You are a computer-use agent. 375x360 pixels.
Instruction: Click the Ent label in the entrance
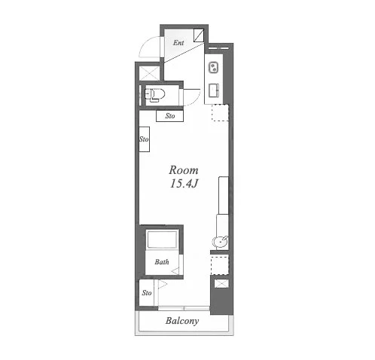(x=178, y=43)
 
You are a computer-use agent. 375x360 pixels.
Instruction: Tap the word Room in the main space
(x=184, y=170)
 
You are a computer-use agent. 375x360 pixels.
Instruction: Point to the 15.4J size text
(x=184, y=184)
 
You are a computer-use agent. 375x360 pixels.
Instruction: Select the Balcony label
(x=182, y=321)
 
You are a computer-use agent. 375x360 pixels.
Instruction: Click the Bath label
(x=162, y=262)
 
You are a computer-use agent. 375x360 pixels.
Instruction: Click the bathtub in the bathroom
(x=162, y=239)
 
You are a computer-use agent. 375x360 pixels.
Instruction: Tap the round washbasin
(x=221, y=243)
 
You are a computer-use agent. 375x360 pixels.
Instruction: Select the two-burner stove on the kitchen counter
(x=214, y=68)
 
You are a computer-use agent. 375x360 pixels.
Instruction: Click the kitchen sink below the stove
(x=214, y=90)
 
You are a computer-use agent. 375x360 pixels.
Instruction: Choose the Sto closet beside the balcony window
(x=146, y=293)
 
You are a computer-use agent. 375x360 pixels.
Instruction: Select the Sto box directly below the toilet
(x=169, y=116)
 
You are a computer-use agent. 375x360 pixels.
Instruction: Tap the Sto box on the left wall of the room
(x=145, y=139)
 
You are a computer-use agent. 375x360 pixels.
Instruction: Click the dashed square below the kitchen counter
(x=220, y=113)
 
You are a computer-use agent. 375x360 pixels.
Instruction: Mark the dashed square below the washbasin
(x=220, y=266)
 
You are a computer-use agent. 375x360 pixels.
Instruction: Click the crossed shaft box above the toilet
(x=149, y=74)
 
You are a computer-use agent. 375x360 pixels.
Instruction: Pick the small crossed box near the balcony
(x=221, y=284)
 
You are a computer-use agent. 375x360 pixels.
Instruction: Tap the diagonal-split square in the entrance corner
(x=199, y=35)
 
